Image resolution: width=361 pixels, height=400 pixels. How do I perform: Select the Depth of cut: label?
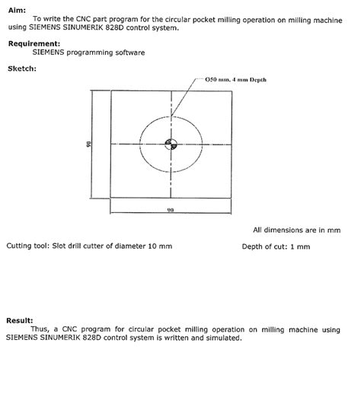pyautogui.click(x=267, y=246)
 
